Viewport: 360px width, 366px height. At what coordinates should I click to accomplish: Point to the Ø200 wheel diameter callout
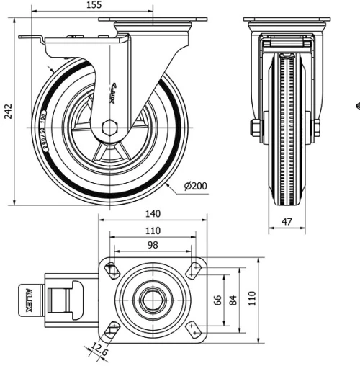click(x=195, y=186)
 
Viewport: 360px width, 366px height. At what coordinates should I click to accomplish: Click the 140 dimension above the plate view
click(x=152, y=214)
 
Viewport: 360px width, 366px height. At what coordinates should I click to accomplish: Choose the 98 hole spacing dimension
click(x=152, y=246)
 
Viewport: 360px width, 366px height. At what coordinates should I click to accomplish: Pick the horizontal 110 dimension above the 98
click(x=152, y=231)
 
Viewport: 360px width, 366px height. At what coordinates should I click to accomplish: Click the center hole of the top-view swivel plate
click(x=152, y=298)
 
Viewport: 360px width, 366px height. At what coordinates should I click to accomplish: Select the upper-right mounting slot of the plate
click(x=194, y=269)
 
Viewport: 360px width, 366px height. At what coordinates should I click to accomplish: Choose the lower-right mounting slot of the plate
click(x=194, y=329)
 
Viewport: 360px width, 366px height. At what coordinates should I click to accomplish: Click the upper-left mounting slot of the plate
click(x=112, y=270)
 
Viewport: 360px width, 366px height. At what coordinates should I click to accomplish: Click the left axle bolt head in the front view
click(x=255, y=128)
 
